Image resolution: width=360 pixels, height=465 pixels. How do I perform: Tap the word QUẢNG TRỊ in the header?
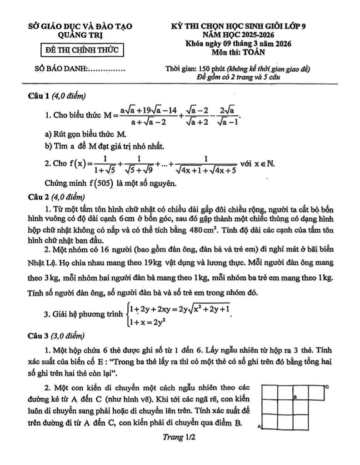pos(80,35)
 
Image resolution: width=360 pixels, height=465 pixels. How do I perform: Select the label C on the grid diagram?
pos(327,386)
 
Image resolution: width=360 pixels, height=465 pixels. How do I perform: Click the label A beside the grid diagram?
pos(260,427)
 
